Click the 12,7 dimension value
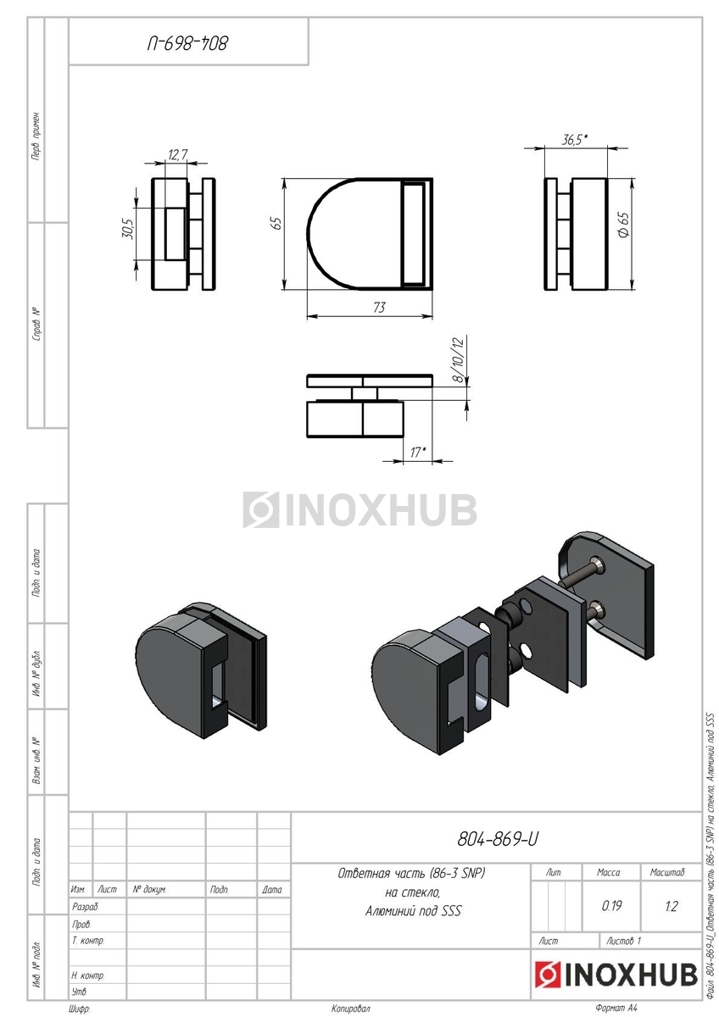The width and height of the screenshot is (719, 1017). click(x=177, y=155)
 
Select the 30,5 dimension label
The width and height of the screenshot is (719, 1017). click(x=128, y=229)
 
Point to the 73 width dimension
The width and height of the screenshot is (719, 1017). click(x=379, y=308)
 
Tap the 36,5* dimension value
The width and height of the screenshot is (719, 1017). click(x=575, y=140)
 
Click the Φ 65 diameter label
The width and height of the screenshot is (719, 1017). click(x=624, y=225)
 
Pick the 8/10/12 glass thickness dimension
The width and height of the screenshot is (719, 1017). click(x=460, y=360)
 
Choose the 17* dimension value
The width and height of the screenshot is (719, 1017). click(x=418, y=453)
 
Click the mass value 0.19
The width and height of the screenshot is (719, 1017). click(x=611, y=906)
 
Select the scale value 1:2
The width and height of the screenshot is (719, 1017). click(x=671, y=906)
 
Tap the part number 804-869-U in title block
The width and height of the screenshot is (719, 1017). click(x=498, y=840)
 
